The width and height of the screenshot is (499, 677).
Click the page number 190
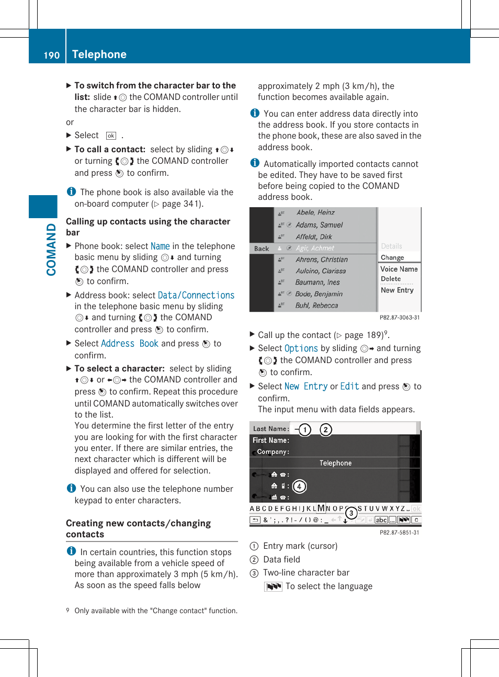51,55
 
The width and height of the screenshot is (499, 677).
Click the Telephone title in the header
99,54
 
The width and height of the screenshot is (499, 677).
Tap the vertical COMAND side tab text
51,249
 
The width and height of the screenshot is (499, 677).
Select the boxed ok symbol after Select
111,136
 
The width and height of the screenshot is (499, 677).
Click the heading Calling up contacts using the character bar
148,227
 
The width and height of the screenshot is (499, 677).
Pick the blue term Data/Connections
196,296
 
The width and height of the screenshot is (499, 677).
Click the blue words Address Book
129,344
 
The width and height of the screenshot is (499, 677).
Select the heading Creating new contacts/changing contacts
138,528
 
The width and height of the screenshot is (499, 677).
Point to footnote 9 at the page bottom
152,611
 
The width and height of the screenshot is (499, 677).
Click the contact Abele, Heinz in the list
315,212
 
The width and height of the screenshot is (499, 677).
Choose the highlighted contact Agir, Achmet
314,248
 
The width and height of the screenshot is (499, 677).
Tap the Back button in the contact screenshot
262,249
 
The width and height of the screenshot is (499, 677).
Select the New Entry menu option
397,290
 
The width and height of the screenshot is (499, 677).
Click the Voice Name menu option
399,269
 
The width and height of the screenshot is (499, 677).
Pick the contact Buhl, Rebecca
316,306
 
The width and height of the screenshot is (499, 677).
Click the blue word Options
301,348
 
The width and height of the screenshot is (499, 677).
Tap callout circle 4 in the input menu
299,487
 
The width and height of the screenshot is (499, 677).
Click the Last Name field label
270,429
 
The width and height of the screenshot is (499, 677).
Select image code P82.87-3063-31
399,318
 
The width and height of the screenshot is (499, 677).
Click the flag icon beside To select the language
273,586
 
